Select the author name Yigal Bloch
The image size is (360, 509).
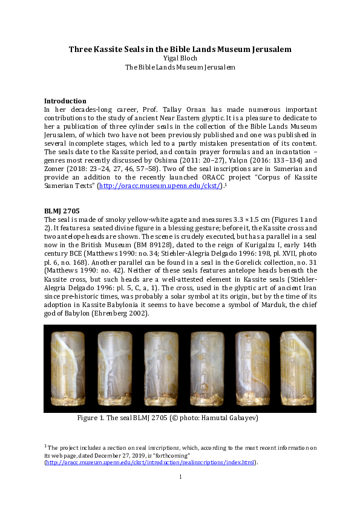tap(180, 58)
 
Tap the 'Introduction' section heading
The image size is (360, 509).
tap(65, 101)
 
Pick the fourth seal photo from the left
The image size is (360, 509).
tap(207, 368)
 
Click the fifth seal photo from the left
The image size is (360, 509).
tap(252, 368)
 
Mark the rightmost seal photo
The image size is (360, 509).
tap(297, 368)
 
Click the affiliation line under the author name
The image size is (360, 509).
tap(180, 67)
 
